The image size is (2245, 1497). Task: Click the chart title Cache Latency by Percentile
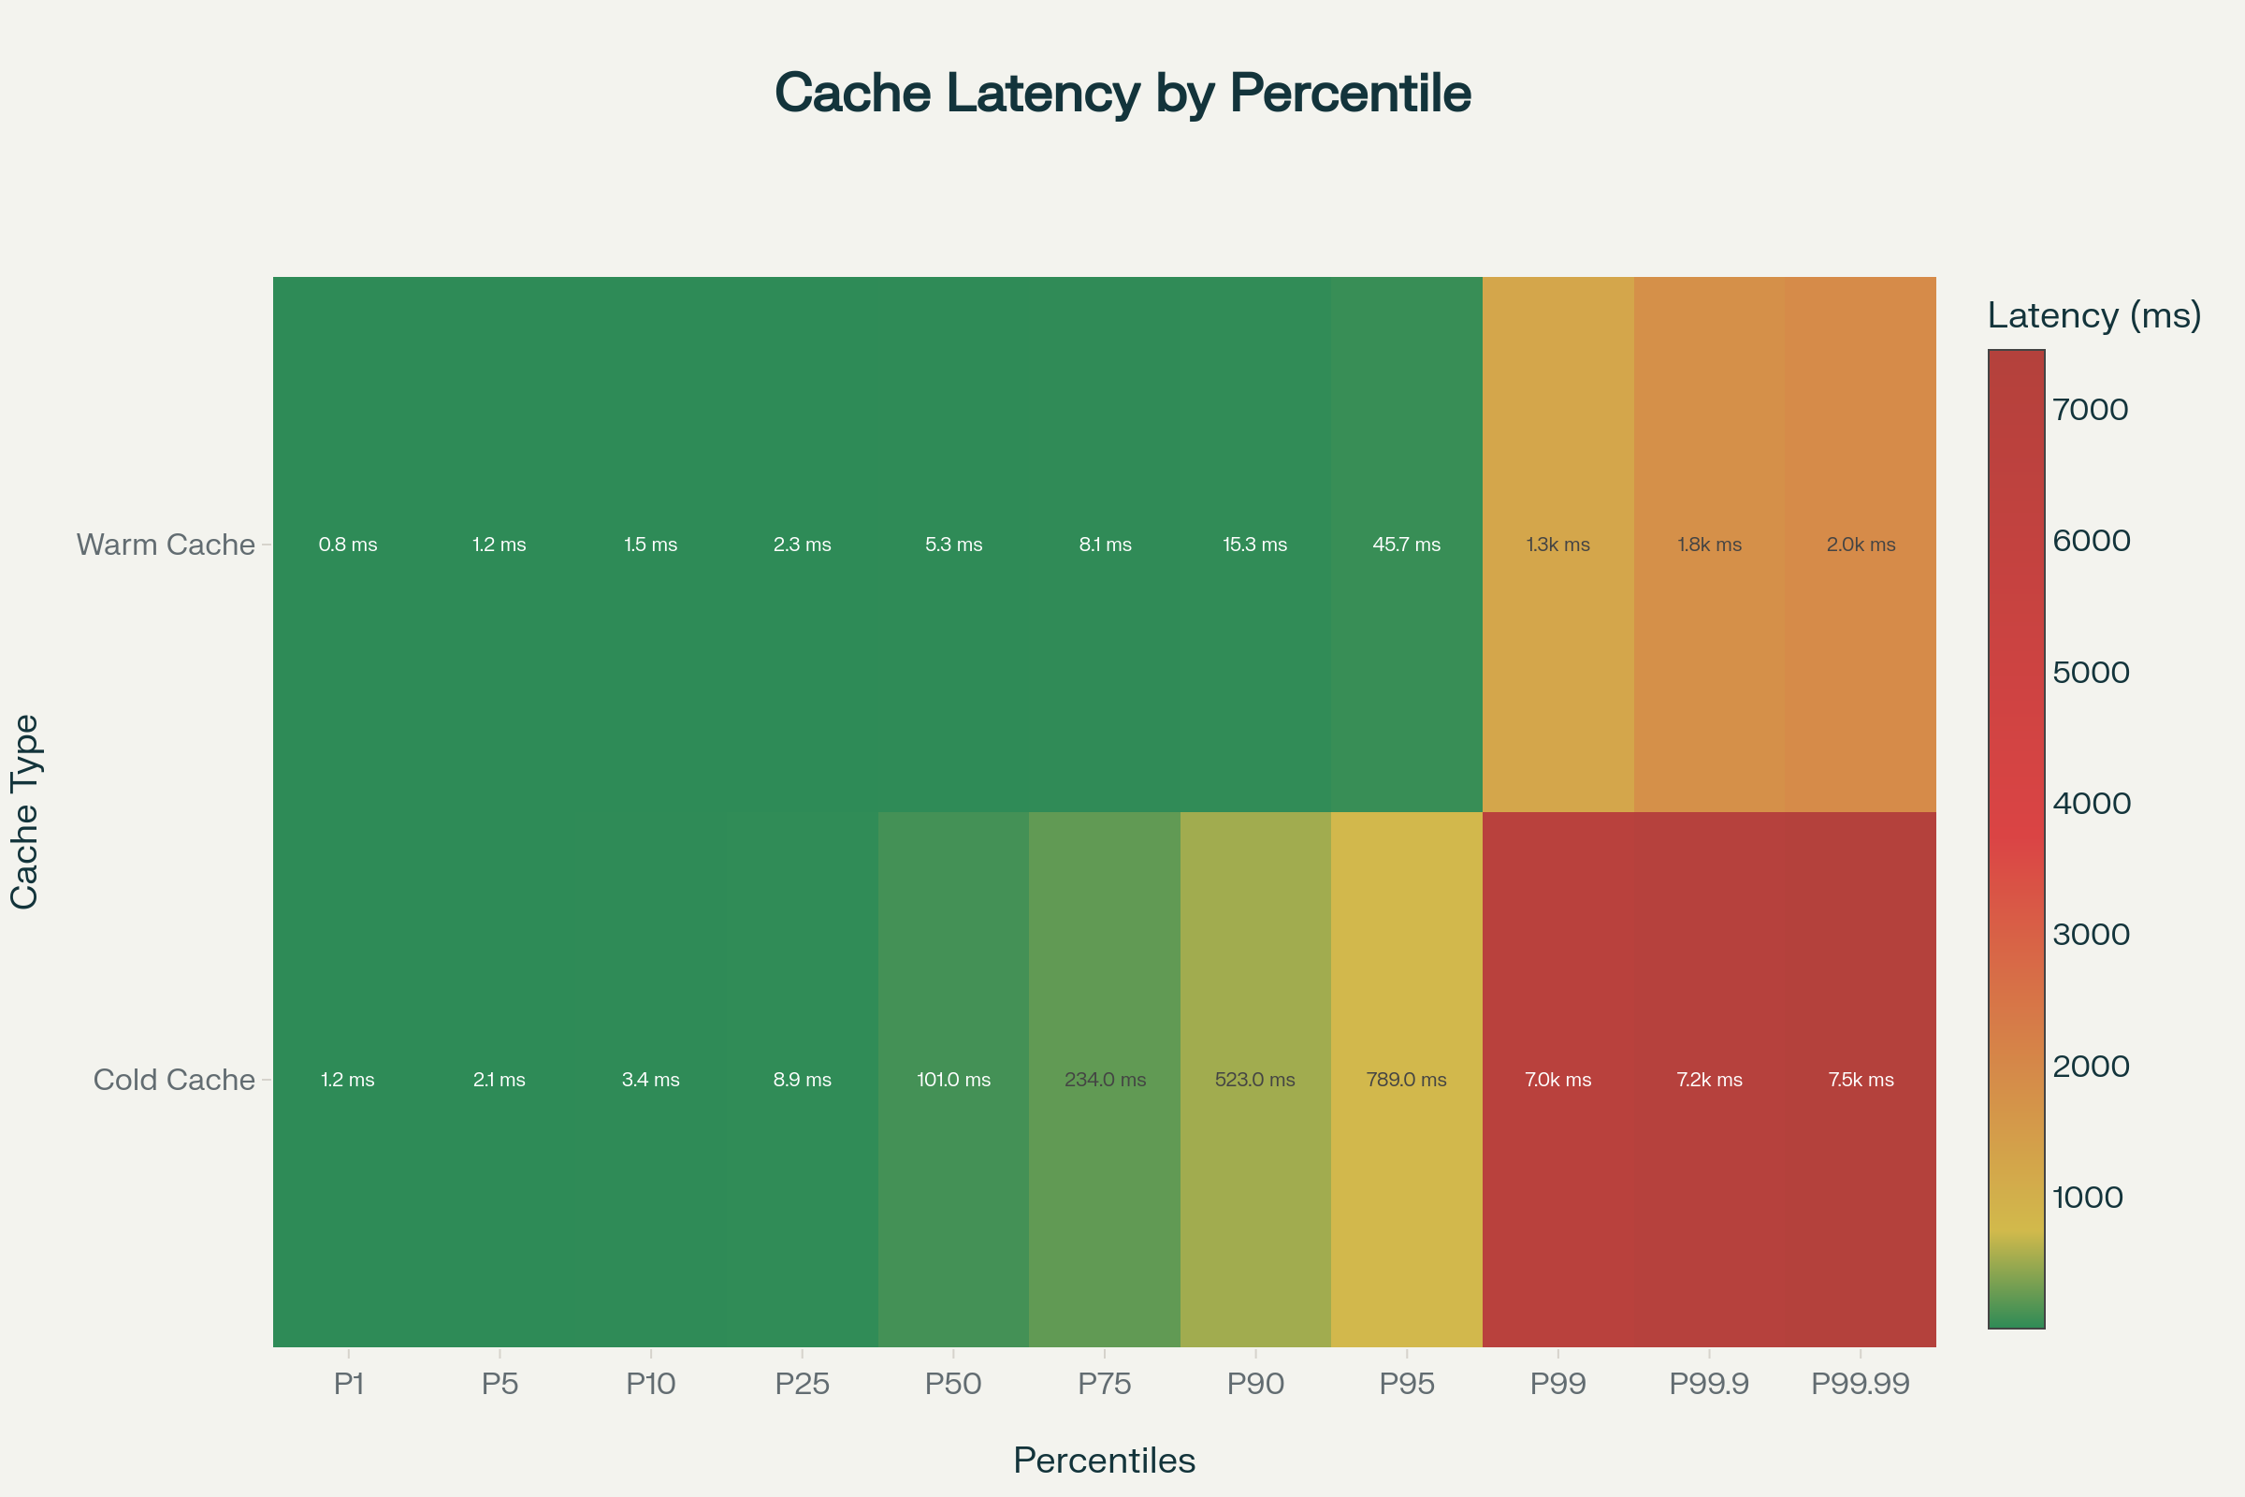(x=1122, y=94)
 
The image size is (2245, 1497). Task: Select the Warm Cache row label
(x=166, y=545)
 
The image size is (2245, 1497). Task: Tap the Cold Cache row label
(x=174, y=1080)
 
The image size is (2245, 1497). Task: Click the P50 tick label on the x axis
(x=952, y=1384)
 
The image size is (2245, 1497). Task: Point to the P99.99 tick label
(x=1861, y=1384)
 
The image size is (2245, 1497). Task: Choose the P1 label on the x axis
(x=348, y=1384)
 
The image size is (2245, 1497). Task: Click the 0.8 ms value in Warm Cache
(x=347, y=545)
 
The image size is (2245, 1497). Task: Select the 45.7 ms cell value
(x=1406, y=545)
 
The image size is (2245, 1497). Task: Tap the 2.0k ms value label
(x=1861, y=545)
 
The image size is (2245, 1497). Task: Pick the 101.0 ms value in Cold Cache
(x=952, y=1080)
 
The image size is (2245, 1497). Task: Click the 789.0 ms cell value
(x=1406, y=1080)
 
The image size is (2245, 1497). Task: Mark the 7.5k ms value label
(x=1861, y=1080)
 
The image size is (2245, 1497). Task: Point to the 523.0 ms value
(x=1254, y=1080)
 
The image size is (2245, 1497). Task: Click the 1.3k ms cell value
(x=1557, y=545)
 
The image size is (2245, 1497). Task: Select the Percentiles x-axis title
(x=1105, y=1461)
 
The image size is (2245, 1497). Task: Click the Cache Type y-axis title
(x=24, y=811)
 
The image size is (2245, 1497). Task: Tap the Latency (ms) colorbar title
(x=2094, y=315)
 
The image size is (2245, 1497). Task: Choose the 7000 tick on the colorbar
(x=2091, y=410)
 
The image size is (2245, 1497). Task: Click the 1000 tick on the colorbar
(x=2088, y=1198)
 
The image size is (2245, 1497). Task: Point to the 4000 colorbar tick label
(x=2092, y=803)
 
